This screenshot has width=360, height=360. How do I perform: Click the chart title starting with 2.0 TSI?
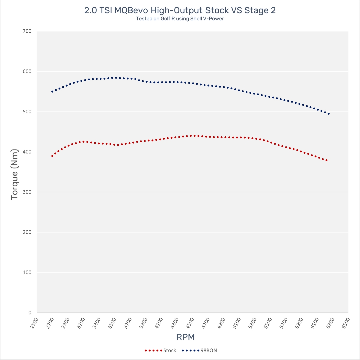point(180,10)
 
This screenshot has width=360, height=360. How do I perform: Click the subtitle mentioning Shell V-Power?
point(180,19)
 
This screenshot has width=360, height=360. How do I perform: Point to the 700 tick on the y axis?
point(27,31)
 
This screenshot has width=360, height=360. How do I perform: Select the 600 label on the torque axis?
point(27,71)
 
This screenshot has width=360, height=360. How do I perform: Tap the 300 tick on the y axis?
point(27,192)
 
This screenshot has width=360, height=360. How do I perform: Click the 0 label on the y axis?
point(29,313)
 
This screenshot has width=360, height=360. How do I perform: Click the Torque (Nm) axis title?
point(14,172)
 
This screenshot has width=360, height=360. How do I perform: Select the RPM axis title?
point(185,337)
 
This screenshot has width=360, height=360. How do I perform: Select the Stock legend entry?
point(170,350)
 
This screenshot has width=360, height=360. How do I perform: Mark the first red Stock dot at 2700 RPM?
point(52,156)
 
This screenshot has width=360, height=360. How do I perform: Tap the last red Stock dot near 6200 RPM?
point(327,160)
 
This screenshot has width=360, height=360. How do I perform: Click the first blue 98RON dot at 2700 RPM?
point(52,92)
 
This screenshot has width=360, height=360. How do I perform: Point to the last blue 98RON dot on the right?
point(329,114)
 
